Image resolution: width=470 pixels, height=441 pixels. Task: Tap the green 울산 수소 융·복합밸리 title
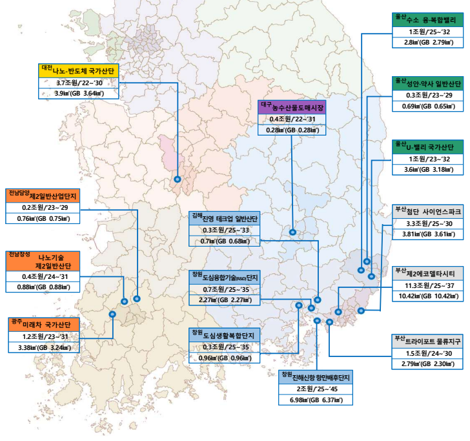(x=427, y=20)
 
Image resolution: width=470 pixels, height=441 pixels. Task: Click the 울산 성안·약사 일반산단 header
(x=427, y=84)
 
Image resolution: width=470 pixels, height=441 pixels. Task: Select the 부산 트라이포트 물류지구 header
(x=427, y=339)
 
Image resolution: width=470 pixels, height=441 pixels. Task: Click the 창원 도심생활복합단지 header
(x=223, y=334)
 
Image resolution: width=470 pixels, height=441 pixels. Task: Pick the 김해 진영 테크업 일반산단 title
(x=223, y=218)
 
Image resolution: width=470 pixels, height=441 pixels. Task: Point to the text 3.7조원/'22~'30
(x=80, y=83)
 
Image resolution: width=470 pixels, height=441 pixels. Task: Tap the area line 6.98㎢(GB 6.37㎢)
(x=316, y=401)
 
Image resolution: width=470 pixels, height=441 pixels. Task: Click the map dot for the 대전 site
(x=177, y=179)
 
